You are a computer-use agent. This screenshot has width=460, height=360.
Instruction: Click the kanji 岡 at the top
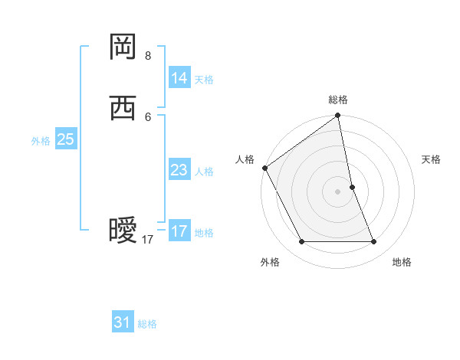tap(123, 47)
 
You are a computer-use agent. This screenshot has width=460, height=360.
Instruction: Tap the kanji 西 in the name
tap(123, 108)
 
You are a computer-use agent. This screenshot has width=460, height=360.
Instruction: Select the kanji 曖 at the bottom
tap(123, 231)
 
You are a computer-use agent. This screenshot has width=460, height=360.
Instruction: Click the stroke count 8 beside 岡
tap(148, 56)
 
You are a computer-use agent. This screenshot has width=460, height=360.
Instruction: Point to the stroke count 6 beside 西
tap(148, 116)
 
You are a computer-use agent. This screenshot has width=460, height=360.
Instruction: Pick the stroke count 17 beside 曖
tap(148, 240)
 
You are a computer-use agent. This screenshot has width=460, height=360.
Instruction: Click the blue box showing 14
tap(179, 77)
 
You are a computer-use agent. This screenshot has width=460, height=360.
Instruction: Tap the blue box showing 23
tap(179, 170)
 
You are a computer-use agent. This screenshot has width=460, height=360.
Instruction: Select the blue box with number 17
tap(179, 231)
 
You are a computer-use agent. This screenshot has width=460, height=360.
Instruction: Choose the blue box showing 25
tap(66, 139)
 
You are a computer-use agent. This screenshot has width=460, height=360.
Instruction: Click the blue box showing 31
tap(123, 322)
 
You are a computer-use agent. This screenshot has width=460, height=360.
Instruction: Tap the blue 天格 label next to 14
tap(204, 80)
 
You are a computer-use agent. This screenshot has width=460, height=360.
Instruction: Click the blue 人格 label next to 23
tap(204, 172)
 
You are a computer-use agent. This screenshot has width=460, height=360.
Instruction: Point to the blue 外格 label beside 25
tap(41, 141)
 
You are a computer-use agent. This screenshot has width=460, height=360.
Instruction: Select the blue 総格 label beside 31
tap(147, 324)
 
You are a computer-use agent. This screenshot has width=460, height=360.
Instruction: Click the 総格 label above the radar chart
tap(338, 100)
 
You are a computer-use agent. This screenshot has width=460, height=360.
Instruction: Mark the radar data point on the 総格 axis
tap(337, 116)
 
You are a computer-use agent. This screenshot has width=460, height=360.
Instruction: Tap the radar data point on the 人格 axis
tap(265, 168)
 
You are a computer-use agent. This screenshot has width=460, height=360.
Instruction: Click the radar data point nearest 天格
tap(352, 187)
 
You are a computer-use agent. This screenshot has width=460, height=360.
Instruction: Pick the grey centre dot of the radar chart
tap(337, 191)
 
